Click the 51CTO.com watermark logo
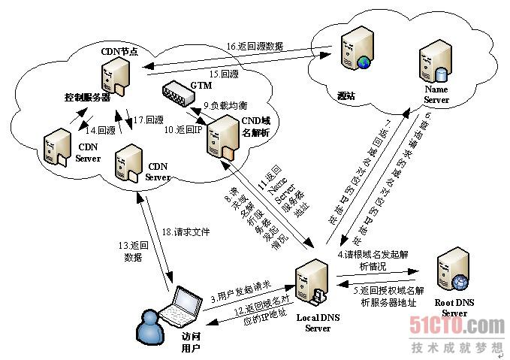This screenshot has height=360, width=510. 457,325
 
